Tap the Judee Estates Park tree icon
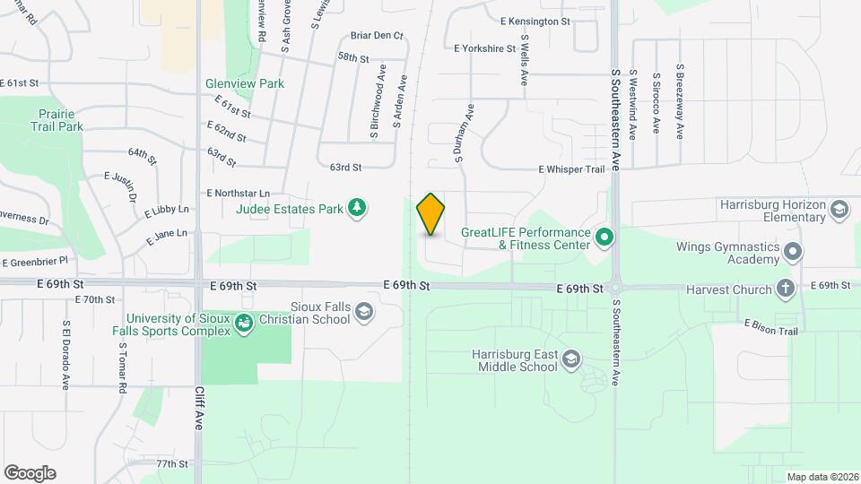(357, 209)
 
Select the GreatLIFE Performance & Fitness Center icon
(604, 238)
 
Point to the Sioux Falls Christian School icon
(363, 311)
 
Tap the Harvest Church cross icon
(786, 289)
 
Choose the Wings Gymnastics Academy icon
(792, 253)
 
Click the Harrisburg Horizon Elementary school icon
(839, 211)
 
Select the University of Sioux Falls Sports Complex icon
(244, 324)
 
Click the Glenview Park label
(245, 83)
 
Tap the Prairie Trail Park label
(61, 120)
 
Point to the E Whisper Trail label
(572, 169)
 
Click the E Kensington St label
(535, 21)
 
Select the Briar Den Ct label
(378, 36)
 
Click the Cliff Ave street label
(199, 409)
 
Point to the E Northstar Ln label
(238, 193)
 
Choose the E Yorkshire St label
(485, 48)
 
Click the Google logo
(30, 473)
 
